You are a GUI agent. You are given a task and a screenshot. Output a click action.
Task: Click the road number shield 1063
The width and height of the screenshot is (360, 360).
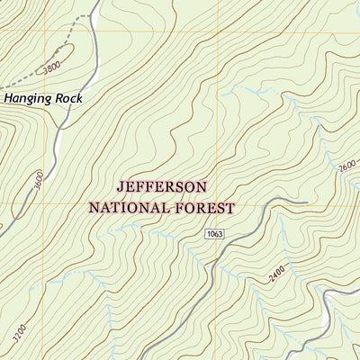(x=213, y=234)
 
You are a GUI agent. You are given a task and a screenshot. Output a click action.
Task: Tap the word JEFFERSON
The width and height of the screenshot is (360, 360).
(x=161, y=187)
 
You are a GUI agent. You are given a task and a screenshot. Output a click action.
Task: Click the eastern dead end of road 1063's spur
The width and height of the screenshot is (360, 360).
(x=307, y=202)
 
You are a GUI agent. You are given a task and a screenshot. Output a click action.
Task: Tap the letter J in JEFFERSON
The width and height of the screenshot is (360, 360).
(x=121, y=187)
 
